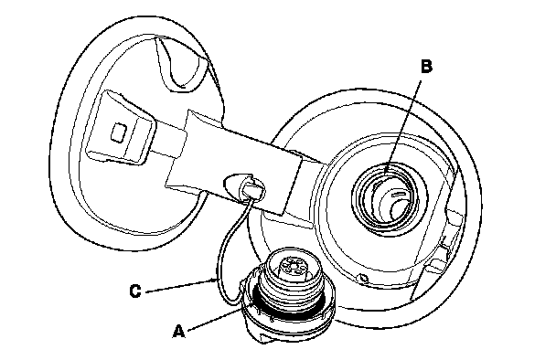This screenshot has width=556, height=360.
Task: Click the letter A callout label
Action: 179,332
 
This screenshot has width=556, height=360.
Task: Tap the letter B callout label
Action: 426,67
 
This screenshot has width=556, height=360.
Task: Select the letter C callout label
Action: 135,291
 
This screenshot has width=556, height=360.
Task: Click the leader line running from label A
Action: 219,317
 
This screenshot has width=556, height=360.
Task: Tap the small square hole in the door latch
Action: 118,133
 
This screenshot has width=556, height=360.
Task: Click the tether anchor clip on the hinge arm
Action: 245,185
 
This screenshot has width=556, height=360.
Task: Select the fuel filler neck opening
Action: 386,197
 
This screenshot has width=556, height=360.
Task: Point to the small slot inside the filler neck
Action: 398,194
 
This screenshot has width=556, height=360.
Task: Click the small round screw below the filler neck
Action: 363,279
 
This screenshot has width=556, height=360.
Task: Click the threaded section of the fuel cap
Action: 288,283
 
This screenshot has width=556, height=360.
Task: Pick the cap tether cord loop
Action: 230,254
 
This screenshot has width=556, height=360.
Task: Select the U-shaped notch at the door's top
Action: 181,64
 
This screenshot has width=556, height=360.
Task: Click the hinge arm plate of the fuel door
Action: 234,163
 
